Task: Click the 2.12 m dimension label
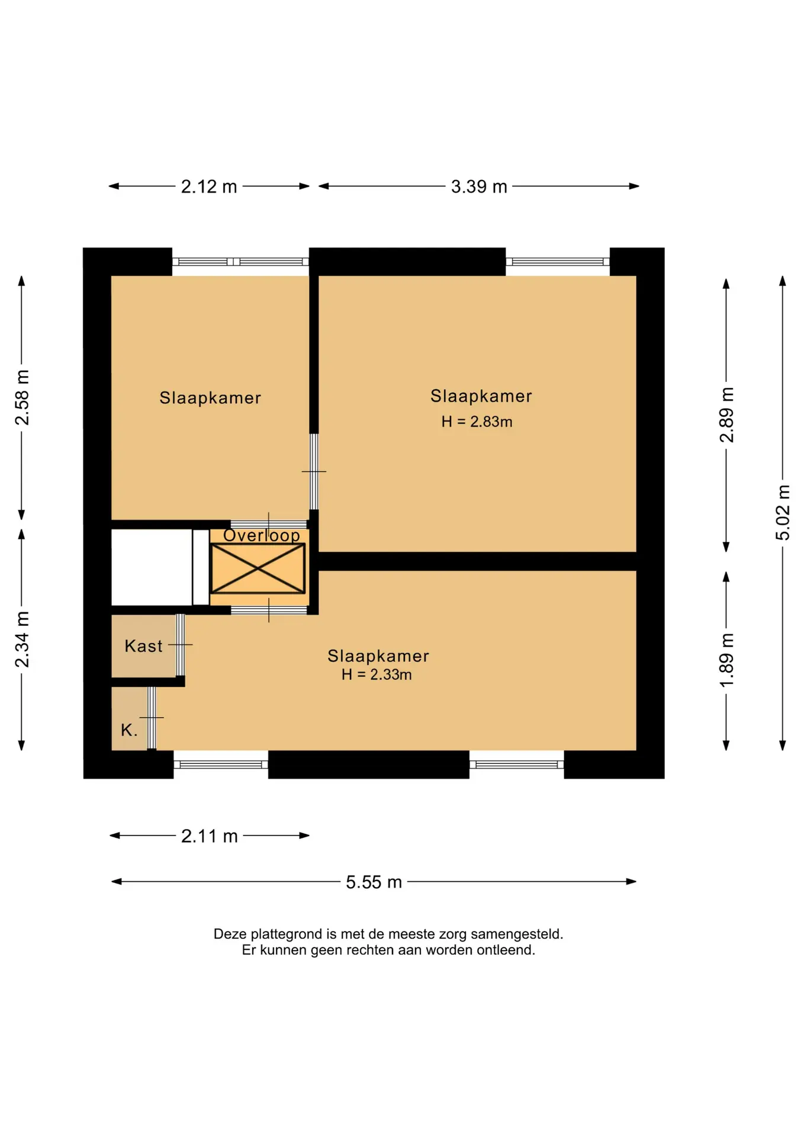pyautogui.click(x=209, y=187)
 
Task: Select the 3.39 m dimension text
pyautogui.click(x=479, y=187)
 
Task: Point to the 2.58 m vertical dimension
pyautogui.click(x=22, y=397)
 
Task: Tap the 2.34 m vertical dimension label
pyautogui.click(x=22, y=640)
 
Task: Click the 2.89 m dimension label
pyautogui.click(x=726, y=415)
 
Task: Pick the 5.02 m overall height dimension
pyautogui.click(x=783, y=512)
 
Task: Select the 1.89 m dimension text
pyautogui.click(x=726, y=660)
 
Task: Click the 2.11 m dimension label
pyautogui.click(x=209, y=836)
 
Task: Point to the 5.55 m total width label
pyautogui.click(x=374, y=882)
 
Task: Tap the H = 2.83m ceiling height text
pyautogui.click(x=477, y=422)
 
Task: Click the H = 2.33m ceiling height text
pyautogui.click(x=377, y=675)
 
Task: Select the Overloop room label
pyautogui.click(x=262, y=535)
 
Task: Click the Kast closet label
pyautogui.click(x=143, y=646)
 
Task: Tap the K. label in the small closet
pyautogui.click(x=129, y=730)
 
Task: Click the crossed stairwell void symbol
pyautogui.click(x=258, y=568)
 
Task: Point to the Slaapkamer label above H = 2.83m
pyautogui.click(x=481, y=396)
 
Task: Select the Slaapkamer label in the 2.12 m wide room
pyautogui.click(x=210, y=398)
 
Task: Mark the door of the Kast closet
pyautogui.click(x=181, y=645)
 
